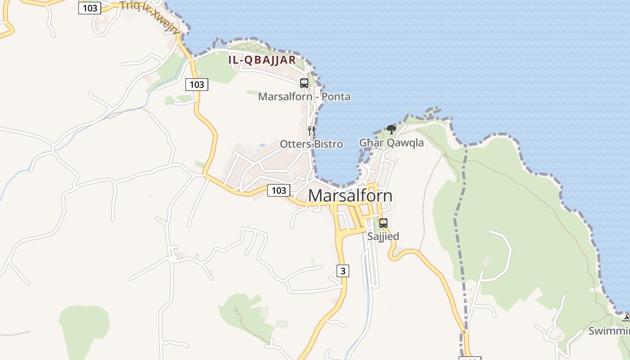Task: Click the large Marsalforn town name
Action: pos(350,196)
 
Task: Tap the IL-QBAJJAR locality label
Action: pos(262,60)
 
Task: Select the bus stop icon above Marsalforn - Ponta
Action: pos(304,83)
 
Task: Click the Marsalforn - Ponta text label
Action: pos(304,96)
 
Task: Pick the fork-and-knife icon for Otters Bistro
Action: pos(311,131)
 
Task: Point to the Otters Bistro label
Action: pos(311,144)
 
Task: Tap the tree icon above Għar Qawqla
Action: pos(391,130)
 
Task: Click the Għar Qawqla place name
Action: pos(391,143)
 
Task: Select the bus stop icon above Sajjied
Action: pos(383,223)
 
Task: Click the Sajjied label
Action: pos(383,236)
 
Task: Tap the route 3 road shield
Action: pos(342,270)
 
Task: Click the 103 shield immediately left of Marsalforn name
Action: pos(279,190)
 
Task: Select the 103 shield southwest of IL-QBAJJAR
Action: pos(197,84)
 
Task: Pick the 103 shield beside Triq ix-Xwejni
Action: pos(90,8)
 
